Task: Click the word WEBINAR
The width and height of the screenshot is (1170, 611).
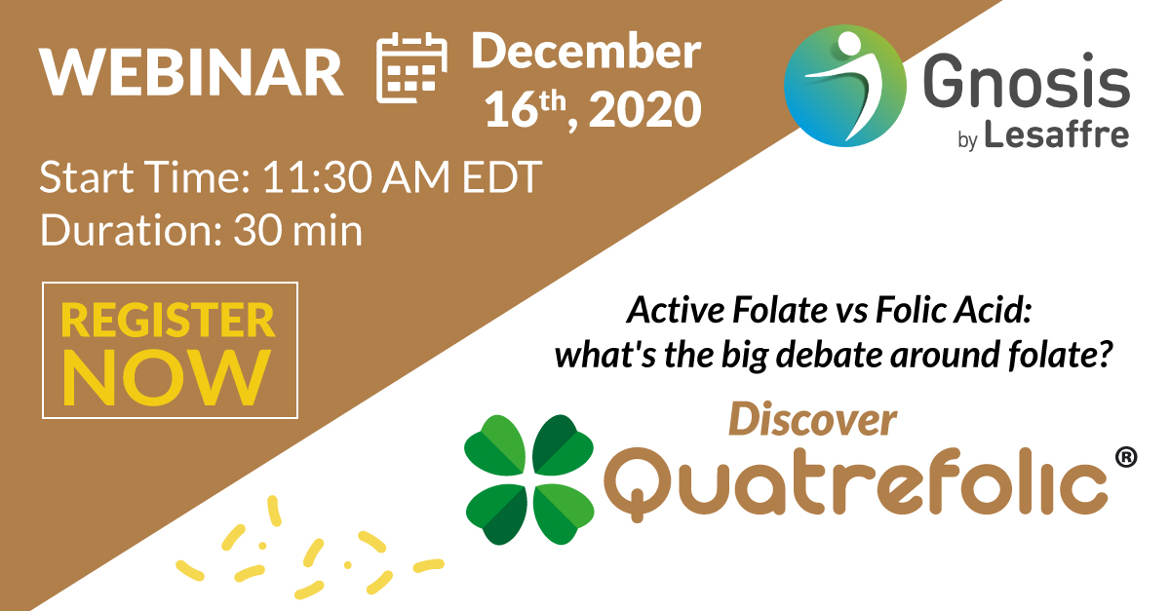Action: (x=191, y=71)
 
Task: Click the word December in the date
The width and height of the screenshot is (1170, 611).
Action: (x=586, y=51)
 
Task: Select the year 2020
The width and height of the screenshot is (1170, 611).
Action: (x=645, y=111)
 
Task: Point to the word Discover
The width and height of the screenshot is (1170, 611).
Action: (x=811, y=419)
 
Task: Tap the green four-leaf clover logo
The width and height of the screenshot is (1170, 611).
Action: (x=529, y=478)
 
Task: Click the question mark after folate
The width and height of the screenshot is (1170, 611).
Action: (x=1106, y=355)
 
